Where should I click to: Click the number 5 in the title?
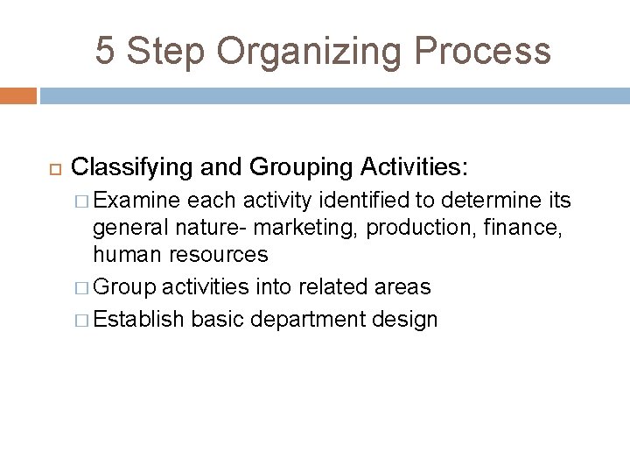coord(105,51)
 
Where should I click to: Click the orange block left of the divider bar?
coord(17,95)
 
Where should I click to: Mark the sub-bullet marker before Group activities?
coord(82,286)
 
